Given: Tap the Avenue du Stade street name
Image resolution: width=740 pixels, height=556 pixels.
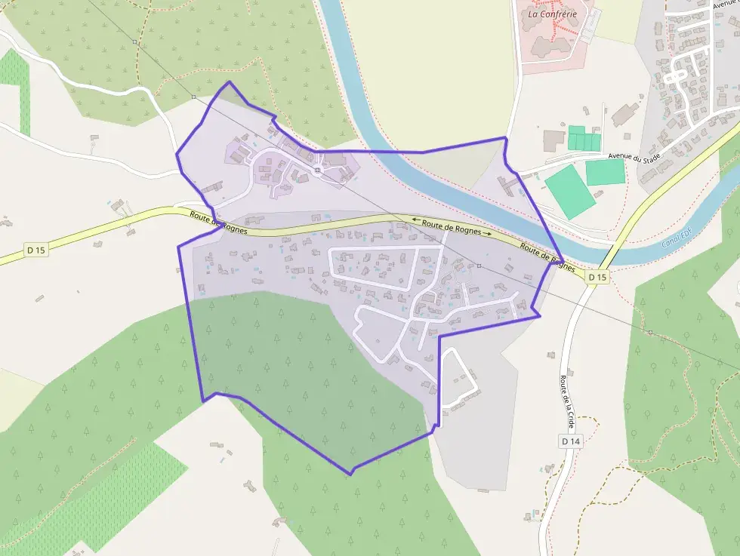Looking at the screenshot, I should click(635, 157).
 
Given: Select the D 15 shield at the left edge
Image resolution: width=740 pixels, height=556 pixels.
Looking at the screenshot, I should click(35, 250).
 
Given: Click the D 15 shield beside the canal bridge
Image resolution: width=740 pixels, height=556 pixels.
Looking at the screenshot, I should click(597, 277).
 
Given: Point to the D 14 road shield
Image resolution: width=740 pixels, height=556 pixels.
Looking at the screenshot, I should click(570, 440).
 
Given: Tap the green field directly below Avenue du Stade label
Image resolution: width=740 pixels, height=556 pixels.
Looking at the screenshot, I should click(605, 172).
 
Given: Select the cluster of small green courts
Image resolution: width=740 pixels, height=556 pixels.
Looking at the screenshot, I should click(584, 139).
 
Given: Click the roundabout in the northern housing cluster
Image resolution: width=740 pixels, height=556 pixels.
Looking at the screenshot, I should click(318, 170).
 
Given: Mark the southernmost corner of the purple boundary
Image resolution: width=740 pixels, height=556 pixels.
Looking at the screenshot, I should click(350, 474).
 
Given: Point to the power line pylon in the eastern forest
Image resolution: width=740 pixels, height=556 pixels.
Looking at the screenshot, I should click(650, 332).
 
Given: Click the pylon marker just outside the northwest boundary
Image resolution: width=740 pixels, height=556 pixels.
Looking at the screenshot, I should click(193, 97).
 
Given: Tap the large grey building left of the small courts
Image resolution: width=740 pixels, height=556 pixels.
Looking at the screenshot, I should click(553, 140).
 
